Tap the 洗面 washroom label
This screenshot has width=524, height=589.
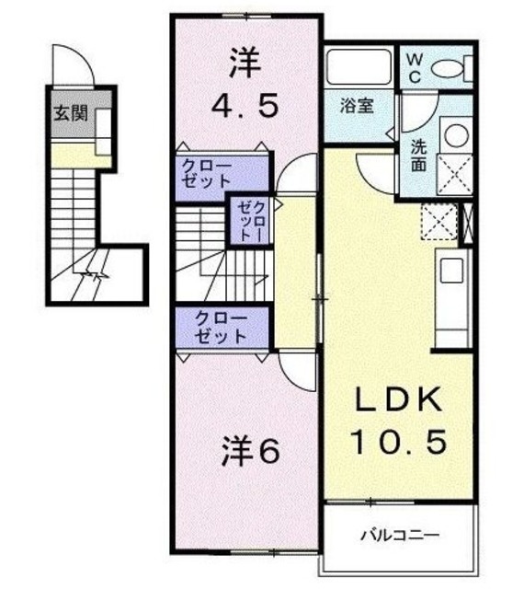point(418,156)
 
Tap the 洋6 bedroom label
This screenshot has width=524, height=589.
point(249,452)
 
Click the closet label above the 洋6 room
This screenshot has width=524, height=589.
point(222,328)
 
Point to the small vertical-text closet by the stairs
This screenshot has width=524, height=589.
point(248,220)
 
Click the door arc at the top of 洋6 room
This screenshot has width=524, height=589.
point(297,372)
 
